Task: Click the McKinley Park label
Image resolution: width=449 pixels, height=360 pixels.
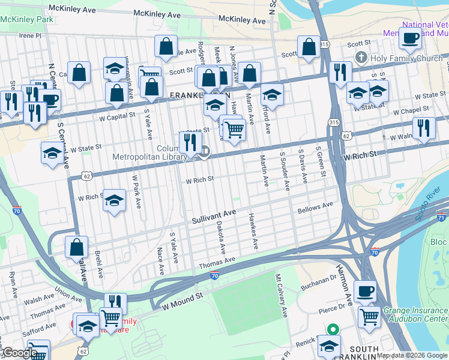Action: pyautogui.click(x=26, y=19)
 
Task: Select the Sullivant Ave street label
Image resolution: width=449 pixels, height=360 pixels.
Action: pyautogui.click(x=214, y=217)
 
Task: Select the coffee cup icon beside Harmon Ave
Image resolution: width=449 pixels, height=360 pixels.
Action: pyautogui.click(x=365, y=292)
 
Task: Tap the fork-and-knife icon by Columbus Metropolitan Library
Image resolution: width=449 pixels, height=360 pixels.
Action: pyautogui.click(x=190, y=142)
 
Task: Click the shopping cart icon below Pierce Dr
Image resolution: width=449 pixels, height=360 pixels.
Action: pyautogui.click(x=369, y=316)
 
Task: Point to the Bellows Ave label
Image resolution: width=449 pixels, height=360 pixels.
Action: pyautogui.click(x=315, y=208)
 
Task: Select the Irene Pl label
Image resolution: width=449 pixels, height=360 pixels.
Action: pyautogui.click(x=30, y=35)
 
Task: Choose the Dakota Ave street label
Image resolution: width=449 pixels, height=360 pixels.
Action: pyautogui.click(x=219, y=237)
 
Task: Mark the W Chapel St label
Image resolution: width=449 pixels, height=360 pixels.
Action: pyautogui.click(x=413, y=112)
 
